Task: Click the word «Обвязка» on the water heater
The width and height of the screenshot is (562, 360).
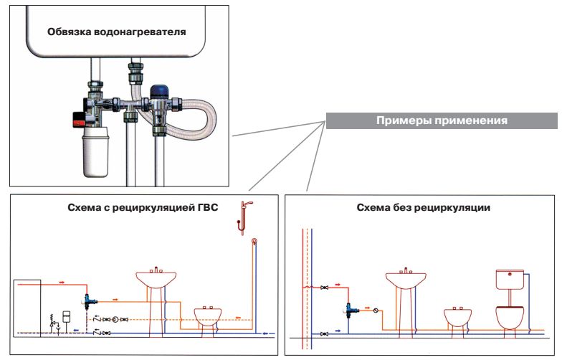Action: click(x=70, y=32)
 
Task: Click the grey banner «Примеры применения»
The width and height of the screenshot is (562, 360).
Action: click(x=442, y=120)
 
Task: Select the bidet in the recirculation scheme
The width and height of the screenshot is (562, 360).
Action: click(x=212, y=316)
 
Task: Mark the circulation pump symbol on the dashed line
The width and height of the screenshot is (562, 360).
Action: click(x=115, y=319)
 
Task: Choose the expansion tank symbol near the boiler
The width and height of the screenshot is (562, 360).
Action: click(x=65, y=316)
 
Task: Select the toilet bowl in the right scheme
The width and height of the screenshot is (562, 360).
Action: click(x=510, y=316)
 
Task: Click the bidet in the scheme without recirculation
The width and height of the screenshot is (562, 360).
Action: click(x=459, y=316)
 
